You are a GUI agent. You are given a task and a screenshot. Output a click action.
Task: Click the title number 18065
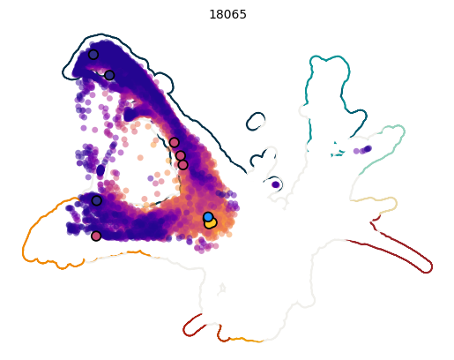(227, 15)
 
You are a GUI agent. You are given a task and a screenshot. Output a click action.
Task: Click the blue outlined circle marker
(208, 217)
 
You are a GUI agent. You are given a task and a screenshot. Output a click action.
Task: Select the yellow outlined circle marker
(211, 223)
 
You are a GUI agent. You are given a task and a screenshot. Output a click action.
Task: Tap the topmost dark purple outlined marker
(93, 55)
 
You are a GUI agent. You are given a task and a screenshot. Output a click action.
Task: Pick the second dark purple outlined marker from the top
(109, 75)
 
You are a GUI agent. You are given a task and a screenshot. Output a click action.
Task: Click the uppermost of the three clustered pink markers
(175, 142)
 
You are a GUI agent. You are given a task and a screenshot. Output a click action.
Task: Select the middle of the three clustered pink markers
(181, 155)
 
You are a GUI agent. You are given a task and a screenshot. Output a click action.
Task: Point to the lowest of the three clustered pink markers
(182, 164)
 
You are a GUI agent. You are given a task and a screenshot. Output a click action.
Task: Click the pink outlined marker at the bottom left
(96, 236)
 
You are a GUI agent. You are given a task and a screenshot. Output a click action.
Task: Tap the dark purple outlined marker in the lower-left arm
(96, 200)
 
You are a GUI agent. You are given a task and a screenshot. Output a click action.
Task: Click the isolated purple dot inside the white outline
(276, 184)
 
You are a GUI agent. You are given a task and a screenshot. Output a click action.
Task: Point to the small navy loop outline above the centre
(256, 121)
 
